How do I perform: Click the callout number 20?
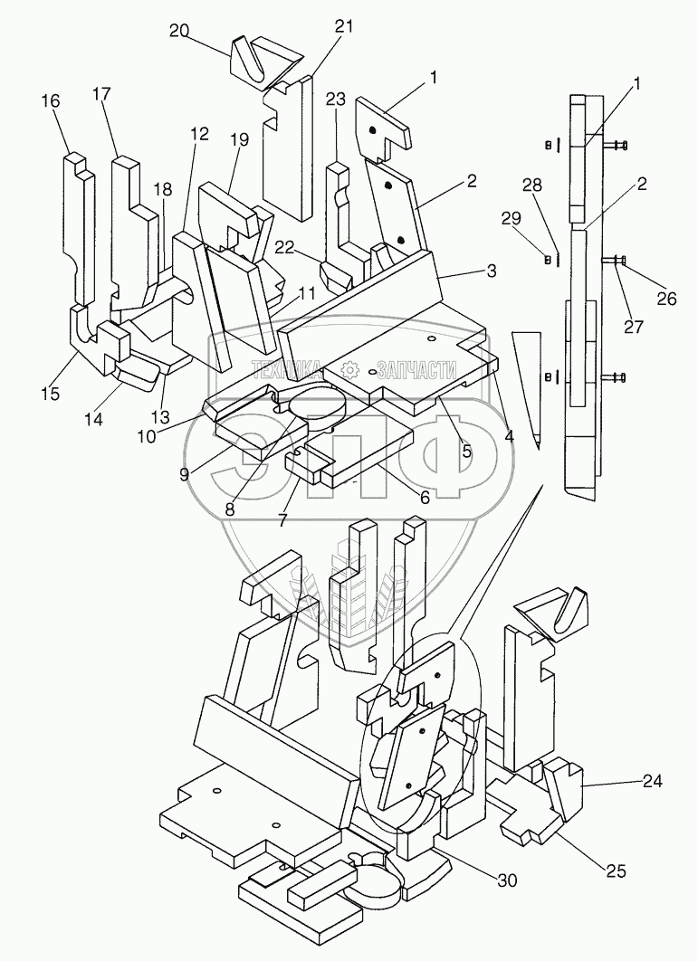click(180, 31)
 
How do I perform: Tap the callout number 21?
click(345, 26)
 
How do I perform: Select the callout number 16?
click(52, 100)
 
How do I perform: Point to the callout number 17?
click(101, 94)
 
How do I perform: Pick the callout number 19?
click(240, 139)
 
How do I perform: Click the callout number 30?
click(507, 880)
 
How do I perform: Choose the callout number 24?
click(652, 781)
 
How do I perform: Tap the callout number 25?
click(616, 871)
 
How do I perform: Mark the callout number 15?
click(52, 394)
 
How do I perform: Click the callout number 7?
click(282, 520)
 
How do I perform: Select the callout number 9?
click(185, 474)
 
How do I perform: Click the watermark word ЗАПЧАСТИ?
click(417, 369)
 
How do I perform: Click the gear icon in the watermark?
click(349, 369)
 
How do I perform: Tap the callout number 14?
click(94, 420)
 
